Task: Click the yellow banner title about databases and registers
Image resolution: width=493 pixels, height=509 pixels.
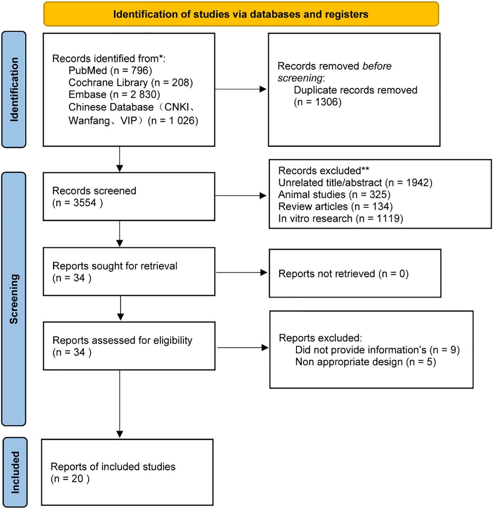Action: point(241,14)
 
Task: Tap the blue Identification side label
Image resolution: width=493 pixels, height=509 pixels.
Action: point(14,89)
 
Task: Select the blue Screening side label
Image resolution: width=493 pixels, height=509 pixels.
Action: point(14,299)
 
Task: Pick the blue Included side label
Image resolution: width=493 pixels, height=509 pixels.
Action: point(15,472)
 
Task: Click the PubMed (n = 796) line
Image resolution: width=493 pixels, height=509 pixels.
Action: point(110,70)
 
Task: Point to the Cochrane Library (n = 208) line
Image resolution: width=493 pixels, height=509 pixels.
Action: point(130,83)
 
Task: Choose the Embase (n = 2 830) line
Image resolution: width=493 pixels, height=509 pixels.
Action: point(114,94)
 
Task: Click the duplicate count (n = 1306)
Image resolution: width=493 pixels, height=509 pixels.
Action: point(318,102)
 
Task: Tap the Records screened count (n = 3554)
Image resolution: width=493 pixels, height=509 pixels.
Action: point(77,203)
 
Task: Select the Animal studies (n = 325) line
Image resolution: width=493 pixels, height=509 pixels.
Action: point(334,194)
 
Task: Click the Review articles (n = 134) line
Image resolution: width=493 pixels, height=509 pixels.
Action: point(335,206)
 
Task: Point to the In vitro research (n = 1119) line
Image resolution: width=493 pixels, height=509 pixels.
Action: point(340,219)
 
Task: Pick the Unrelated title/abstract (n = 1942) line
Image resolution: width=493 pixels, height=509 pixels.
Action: point(355,183)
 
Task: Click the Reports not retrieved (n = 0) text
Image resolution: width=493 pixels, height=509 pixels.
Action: point(343,273)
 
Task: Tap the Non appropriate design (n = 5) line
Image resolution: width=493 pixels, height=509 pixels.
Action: point(365,362)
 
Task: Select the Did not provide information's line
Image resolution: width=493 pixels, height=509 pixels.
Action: point(377,350)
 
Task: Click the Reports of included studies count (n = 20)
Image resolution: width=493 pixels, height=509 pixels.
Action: point(70,478)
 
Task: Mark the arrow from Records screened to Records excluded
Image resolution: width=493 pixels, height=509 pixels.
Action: point(241,195)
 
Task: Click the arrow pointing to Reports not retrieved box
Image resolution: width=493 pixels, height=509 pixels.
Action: point(242,272)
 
